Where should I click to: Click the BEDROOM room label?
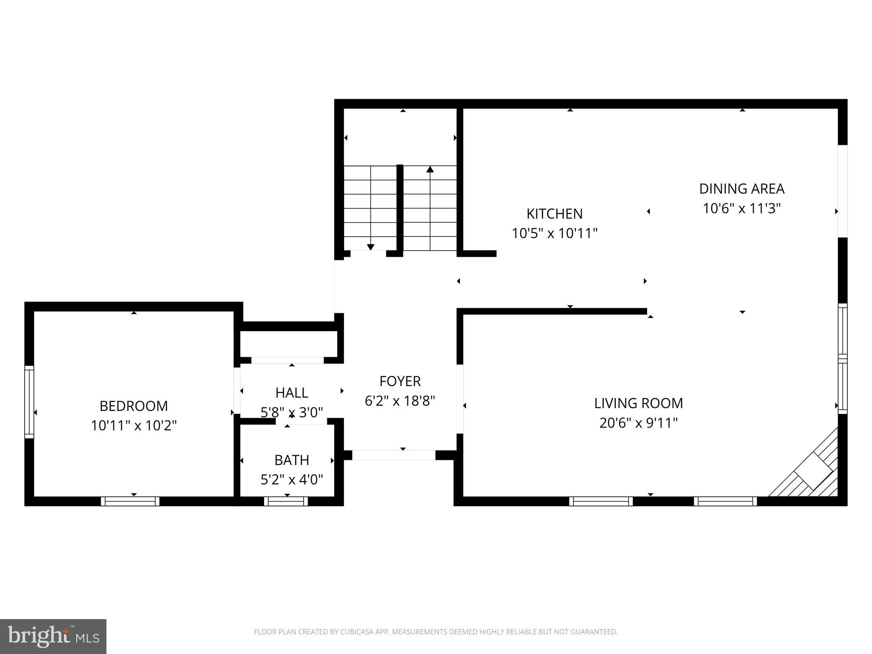(133, 406)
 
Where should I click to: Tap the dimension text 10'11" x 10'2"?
(133, 425)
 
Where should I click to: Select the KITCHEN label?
(554, 214)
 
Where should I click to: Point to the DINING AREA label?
(742, 189)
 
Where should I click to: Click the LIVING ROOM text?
(638, 403)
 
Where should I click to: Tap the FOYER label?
(400, 381)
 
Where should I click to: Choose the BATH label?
(291, 460)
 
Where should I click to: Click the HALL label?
(291, 393)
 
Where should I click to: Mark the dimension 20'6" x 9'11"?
(638, 423)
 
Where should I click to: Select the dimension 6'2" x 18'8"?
(400, 401)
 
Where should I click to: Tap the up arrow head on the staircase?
(430, 169)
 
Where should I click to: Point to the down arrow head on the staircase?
(370, 247)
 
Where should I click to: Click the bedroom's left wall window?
(29, 402)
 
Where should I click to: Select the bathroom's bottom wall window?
(286, 501)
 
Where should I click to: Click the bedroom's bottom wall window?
(130, 501)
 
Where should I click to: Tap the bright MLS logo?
(53, 637)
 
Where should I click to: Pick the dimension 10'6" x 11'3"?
(742, 209)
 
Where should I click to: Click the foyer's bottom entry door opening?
(393, 455)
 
